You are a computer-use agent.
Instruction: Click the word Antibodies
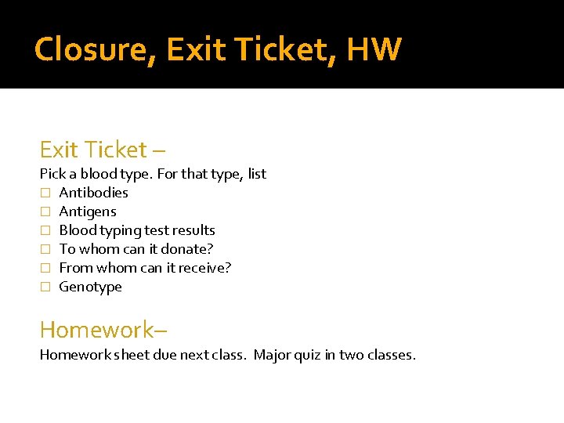point(93,193)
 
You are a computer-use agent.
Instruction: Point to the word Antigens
point(88,211)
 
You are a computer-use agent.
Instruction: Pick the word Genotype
point(91,287)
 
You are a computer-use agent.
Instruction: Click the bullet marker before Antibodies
point(45,193)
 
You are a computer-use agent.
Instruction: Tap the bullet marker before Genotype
point(45,287)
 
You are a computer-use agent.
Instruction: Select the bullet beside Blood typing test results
point(45,230)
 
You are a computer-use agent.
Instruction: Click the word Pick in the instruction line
point(53,174)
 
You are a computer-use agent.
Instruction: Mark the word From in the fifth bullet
point(75,268)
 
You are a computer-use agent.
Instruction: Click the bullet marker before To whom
point(45,249)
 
